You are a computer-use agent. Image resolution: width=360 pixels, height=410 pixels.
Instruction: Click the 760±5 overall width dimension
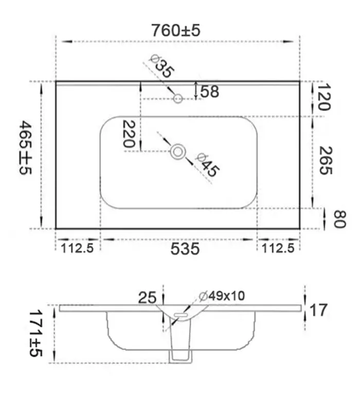[176, 30]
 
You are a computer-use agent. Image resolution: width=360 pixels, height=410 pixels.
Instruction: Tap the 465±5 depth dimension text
[25, 147]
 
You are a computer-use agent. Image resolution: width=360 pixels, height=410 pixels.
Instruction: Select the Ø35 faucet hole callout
[162, 65]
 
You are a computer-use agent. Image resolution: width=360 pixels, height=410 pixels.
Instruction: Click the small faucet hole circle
[178, 99]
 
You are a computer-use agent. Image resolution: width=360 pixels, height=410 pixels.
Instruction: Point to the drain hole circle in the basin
[178, 152]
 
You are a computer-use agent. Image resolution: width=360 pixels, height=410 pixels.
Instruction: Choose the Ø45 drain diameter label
[207, 165]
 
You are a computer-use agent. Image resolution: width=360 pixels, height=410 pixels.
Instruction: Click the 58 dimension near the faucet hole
[209, 91]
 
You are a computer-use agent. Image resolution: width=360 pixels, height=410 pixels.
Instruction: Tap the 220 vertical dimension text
[129, 134]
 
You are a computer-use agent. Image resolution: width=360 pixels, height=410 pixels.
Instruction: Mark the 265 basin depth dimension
[326, 160]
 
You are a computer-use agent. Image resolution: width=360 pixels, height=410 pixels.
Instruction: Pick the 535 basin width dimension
[185, 249]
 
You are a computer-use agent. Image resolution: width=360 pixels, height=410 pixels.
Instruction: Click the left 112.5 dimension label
[77, 248]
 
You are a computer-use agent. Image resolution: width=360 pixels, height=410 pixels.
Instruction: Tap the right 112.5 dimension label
[278, 248]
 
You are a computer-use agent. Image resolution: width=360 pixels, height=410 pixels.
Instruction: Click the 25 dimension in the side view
[147, 297]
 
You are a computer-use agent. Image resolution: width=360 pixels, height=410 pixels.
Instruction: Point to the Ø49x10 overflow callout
[222, 296]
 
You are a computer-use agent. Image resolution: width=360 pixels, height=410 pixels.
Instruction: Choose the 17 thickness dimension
[318, 310]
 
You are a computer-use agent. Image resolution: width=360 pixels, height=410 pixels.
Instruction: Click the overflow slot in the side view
[180, 314]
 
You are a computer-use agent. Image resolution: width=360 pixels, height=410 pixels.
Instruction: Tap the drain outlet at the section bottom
[181, 357]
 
